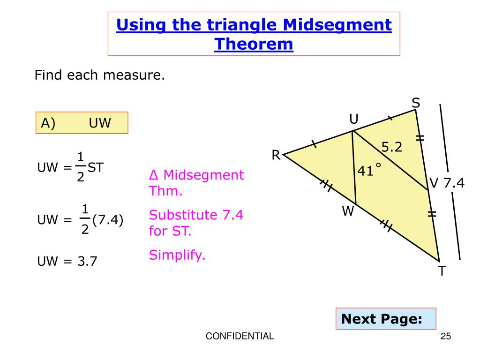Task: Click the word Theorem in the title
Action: click(254, 45)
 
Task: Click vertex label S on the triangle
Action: click(416, 103)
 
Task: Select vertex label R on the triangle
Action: click(276, 155)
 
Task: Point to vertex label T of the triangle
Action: click(442, 271)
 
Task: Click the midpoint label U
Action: click(353, 120)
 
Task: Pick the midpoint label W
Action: click(347, 212)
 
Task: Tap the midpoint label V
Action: click(434, 183)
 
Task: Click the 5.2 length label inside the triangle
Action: click(392, 148)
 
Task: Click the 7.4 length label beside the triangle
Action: click(454, 183)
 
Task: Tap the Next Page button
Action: click(382, 319)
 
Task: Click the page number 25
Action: click(446, 336)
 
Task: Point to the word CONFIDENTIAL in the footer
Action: click(240, 336)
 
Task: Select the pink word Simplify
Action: click(177, 255)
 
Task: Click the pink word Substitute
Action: click(182, 215)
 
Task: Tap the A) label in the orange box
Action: click(48, 123)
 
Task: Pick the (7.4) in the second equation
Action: click(108, 219)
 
